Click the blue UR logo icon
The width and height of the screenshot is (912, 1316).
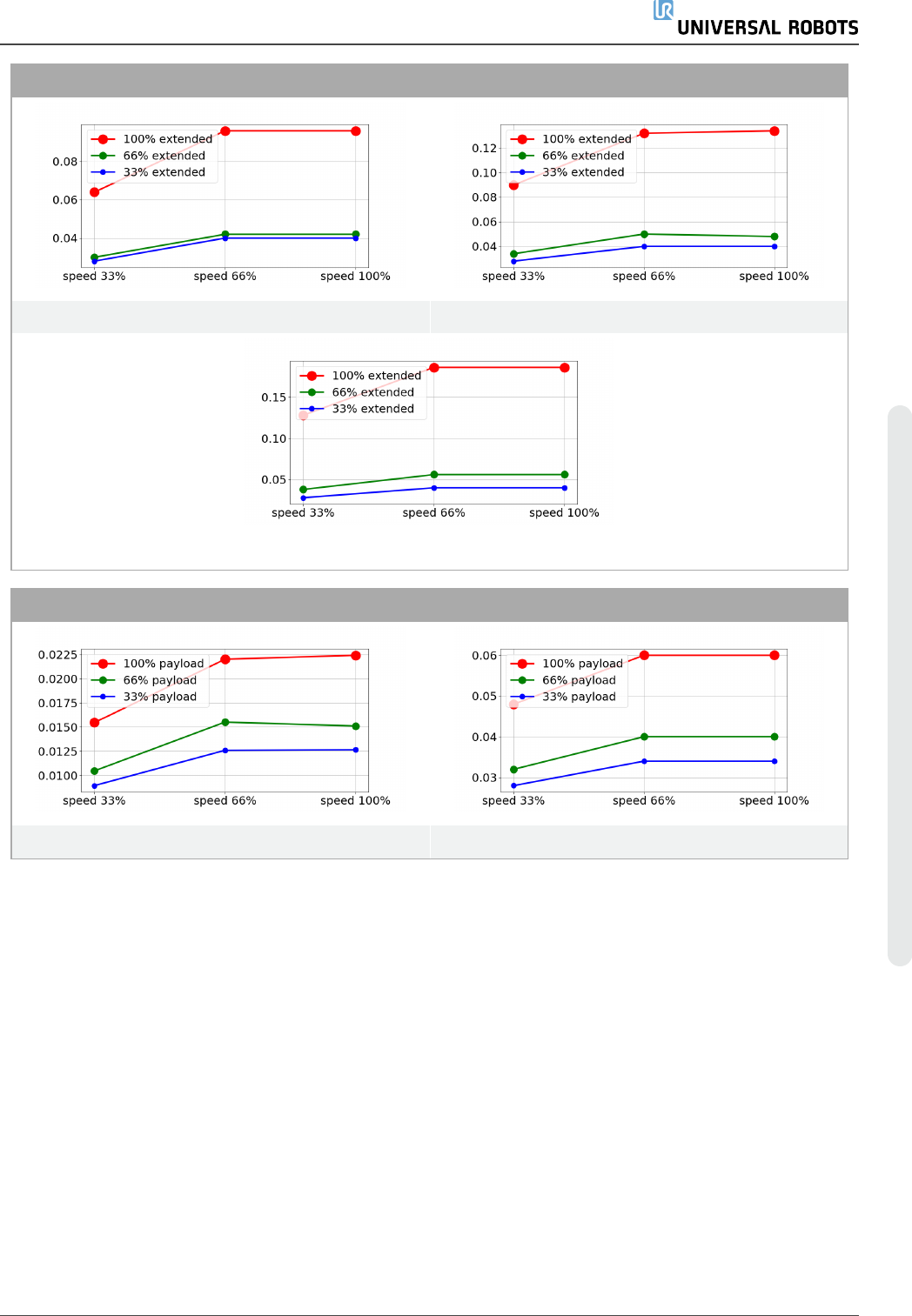pos(663,10)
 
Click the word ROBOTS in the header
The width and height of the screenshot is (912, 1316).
pos(823,28)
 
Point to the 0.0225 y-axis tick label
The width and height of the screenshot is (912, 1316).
pos(57,655)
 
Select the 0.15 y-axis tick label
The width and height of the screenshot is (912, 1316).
pos(274,397)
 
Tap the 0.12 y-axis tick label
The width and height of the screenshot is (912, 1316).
pos(485,148)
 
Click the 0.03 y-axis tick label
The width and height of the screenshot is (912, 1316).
pos(485,778)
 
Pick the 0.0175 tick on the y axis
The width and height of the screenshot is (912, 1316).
pos(57,703)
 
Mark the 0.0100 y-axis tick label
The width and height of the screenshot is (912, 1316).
pos(57,775)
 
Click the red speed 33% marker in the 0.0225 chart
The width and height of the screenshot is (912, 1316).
pos(95,723)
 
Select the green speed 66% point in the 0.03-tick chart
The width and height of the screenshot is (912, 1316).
pos(644,737)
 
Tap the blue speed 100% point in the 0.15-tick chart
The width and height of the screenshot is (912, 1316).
pos(565,488)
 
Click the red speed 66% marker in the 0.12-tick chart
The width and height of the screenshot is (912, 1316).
pos(644,134)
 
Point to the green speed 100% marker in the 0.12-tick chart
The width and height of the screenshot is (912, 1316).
pos(775,237)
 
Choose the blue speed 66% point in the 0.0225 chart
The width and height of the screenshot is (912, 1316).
pos(225,751)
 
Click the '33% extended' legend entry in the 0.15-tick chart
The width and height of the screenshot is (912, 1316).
pos(372,409)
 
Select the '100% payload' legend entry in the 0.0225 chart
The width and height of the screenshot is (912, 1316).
pos(163,664)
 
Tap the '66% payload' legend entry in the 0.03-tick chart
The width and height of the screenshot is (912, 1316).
pos(579,680)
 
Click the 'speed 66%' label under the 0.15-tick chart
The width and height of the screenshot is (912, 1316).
pos(433,513)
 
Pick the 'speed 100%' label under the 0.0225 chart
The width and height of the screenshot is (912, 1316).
pos(355,801)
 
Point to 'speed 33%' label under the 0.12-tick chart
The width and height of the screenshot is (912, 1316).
pos(513,277)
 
